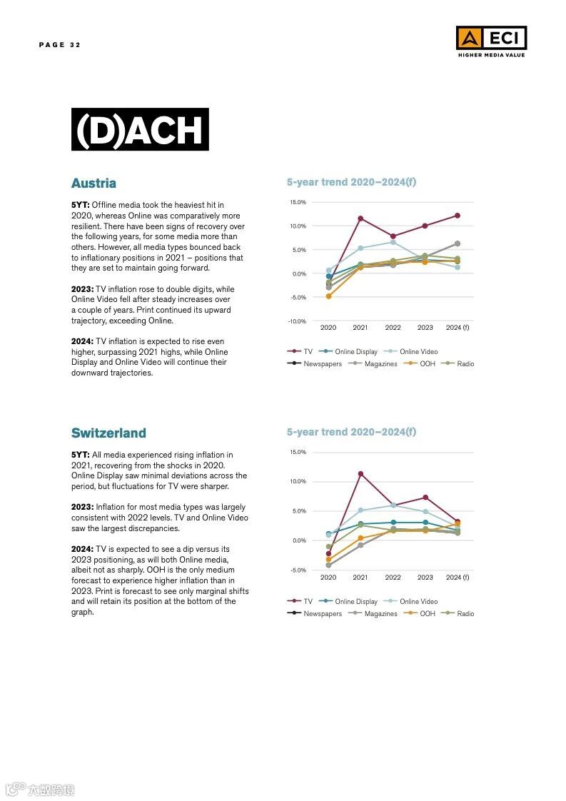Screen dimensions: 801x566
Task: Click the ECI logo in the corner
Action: (491, 41)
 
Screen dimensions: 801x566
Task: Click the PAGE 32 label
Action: (60, 45)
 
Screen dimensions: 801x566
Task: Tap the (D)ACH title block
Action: (140, 129)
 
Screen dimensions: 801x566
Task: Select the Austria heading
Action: (94, 183)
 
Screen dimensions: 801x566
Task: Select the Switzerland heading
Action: (108, 433)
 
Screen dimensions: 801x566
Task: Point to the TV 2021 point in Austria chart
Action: (360, 218)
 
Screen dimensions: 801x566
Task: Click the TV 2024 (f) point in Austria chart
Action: (457, 216)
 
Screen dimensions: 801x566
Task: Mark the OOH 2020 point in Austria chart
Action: (328, 296)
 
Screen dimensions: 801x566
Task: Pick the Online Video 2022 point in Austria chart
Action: (393, 242)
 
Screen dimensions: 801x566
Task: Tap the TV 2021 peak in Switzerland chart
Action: (360, 473)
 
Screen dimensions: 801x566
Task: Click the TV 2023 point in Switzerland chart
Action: (425, 498)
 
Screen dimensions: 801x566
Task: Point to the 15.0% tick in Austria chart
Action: (298, 203)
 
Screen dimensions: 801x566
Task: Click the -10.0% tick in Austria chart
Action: (297, 321)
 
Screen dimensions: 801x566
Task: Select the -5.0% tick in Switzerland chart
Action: (298, 570)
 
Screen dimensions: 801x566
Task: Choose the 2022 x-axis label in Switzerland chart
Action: (393, 577)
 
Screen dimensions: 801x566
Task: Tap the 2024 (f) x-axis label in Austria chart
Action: (457, 328)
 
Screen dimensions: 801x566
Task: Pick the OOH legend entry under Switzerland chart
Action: (427, 614)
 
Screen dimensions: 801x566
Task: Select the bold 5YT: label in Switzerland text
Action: (80, 455)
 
